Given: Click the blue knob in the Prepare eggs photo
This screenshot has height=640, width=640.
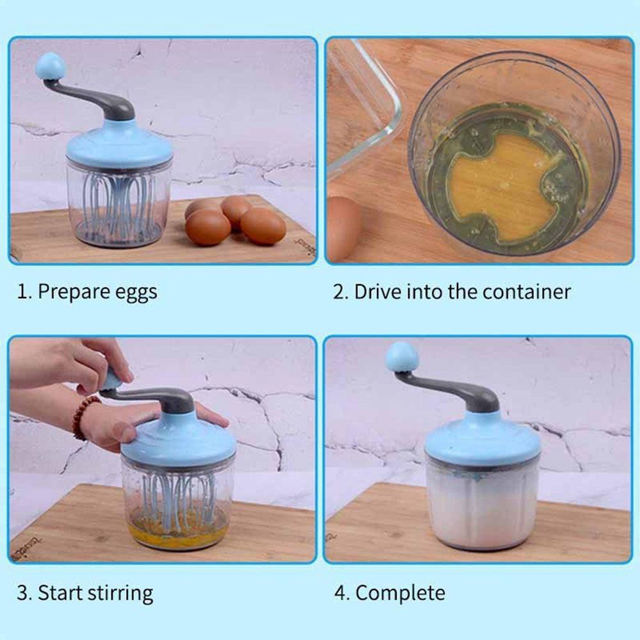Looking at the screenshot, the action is coord(50,66).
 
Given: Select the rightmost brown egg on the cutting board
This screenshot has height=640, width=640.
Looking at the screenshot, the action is coord(263,226).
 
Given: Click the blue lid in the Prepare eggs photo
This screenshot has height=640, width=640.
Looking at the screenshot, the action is coord(119,143).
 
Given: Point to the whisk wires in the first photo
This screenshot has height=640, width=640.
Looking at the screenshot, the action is coord(118,204).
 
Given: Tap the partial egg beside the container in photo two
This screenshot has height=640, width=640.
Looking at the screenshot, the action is coord(343,228).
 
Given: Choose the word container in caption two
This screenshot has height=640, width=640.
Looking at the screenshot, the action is coord(526,292).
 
